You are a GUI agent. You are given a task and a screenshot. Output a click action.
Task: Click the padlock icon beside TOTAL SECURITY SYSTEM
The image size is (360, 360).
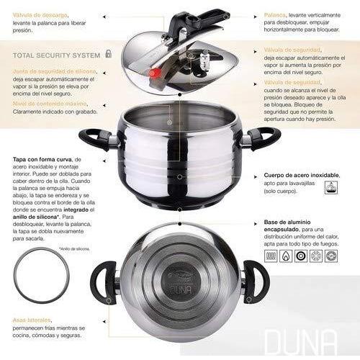tap(109, 53)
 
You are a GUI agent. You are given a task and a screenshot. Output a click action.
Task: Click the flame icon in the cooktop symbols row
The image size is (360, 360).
tap(286, 255)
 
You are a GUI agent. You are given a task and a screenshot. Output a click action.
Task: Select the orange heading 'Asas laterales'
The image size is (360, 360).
tap(34, 320)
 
